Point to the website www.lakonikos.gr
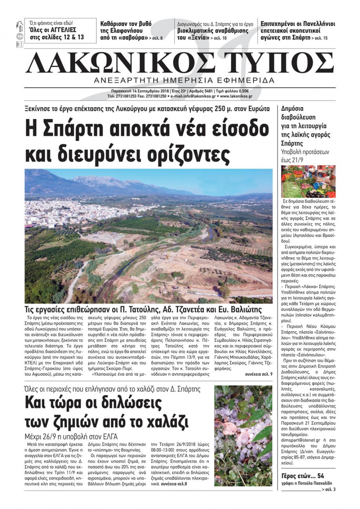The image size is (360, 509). click(236, 96)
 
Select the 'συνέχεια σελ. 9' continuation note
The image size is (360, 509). click(258, 374)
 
